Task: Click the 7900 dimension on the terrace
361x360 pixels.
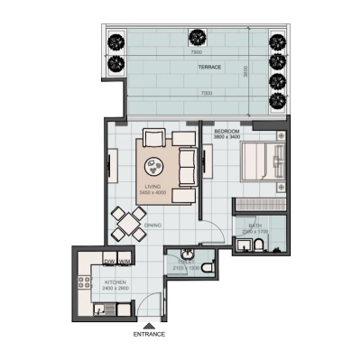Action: pos(196,52)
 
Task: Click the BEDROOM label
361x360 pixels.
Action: pos(227,132)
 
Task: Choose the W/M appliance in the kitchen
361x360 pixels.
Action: pos(124,263)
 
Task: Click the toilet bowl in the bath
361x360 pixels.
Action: pos(260,245)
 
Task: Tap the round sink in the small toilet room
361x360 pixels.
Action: pos(187,254)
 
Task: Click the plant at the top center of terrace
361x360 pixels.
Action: pos(197,38)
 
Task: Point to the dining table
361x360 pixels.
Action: pos(129,221)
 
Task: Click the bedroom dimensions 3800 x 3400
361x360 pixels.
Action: pos(227,138)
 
